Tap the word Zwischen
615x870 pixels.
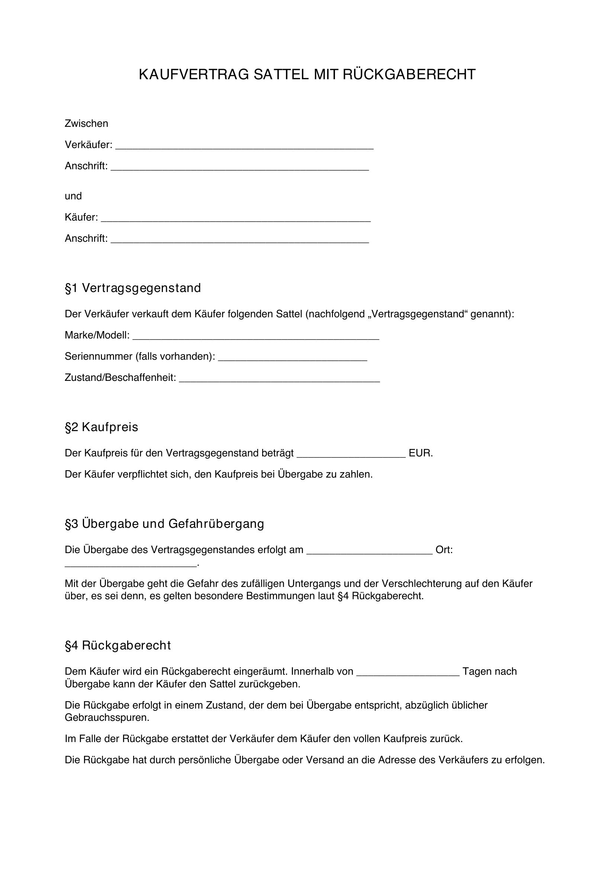(86, 123)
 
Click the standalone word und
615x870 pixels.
(73, 196)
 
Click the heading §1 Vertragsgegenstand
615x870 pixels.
(132, 288)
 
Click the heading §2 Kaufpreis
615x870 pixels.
(102, 427)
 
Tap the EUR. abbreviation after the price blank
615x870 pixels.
(421, 453)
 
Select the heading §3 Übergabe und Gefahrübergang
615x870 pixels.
(164, 524)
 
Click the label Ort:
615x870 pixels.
(444, 550)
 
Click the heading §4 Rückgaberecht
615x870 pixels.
(118, 645)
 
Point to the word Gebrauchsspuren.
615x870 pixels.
(107, 717)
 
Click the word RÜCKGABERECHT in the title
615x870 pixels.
(409, 75)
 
